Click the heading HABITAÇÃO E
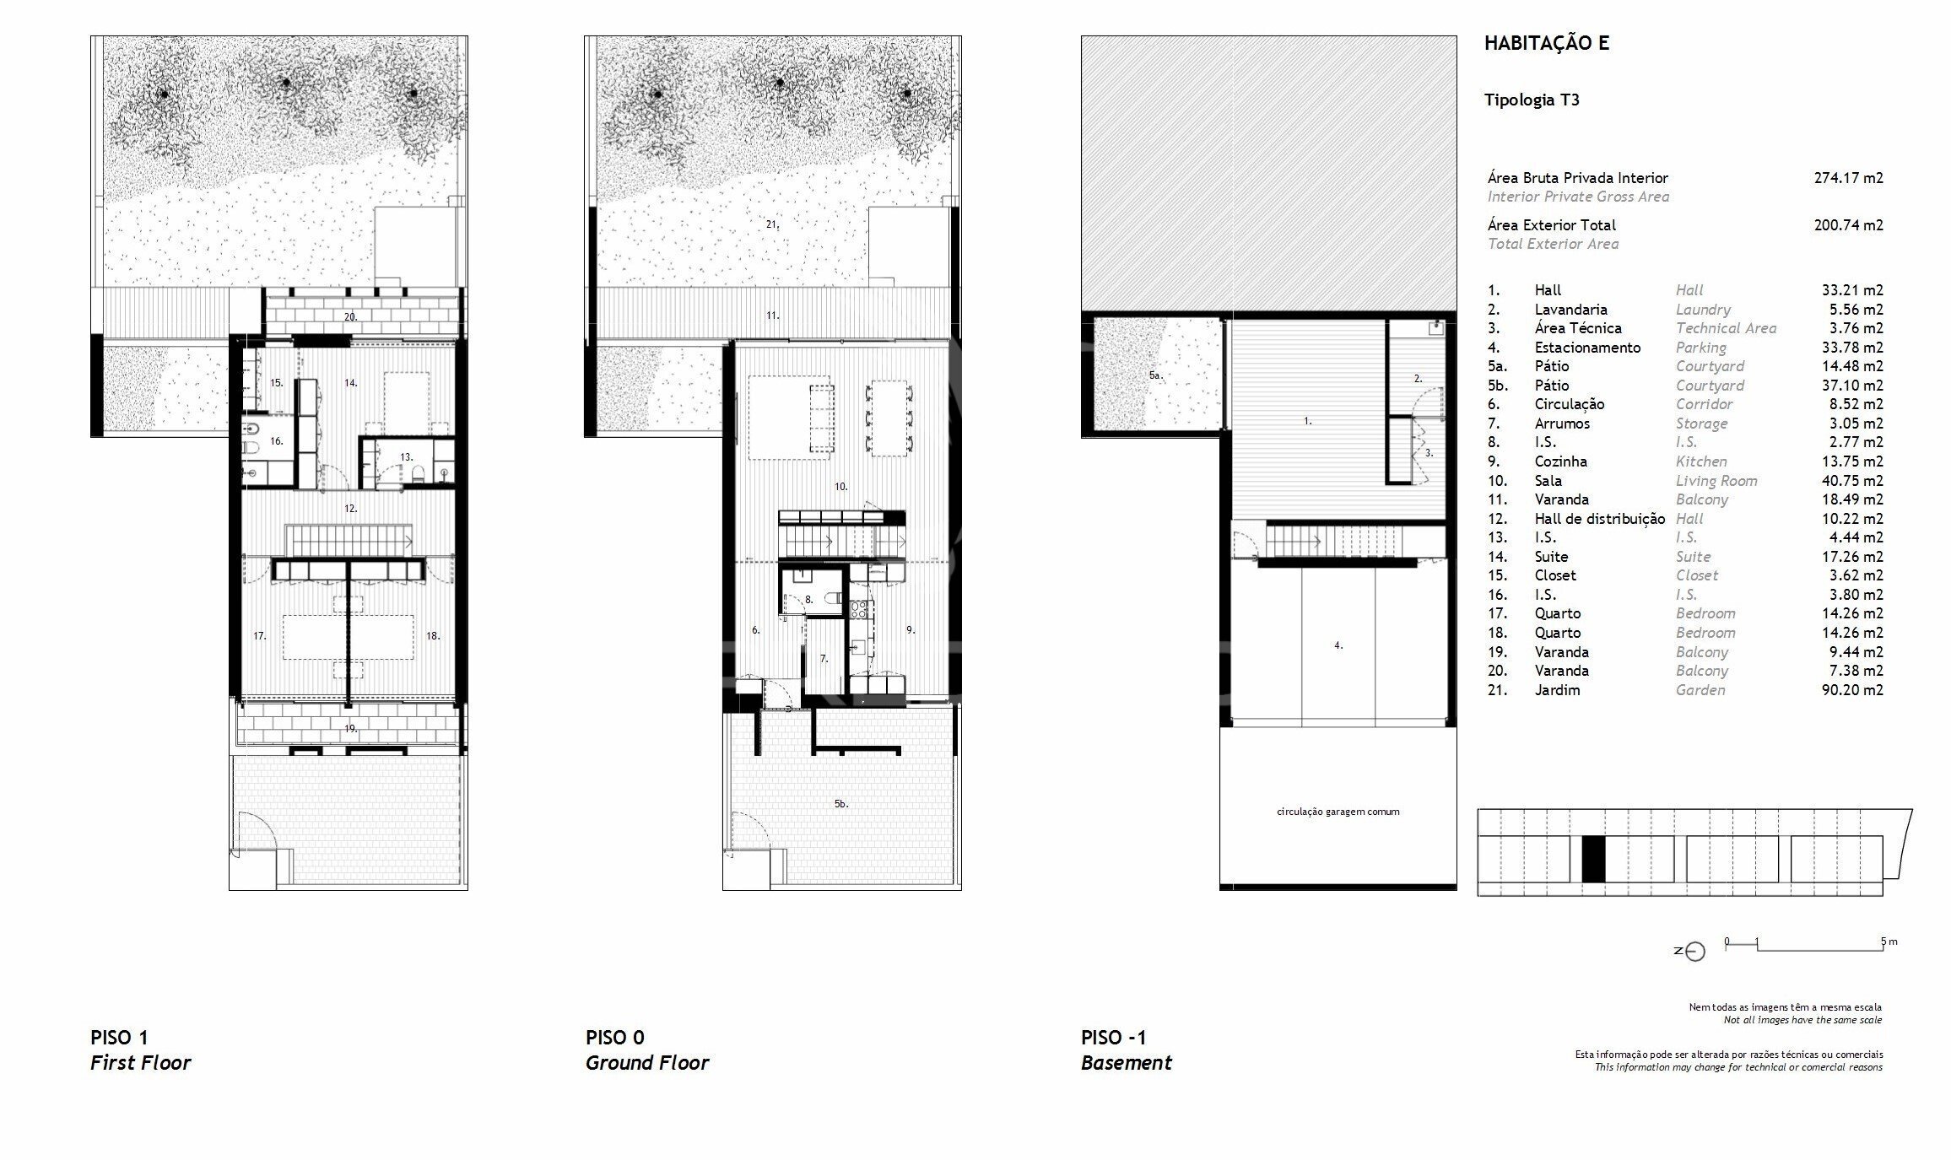pos(1546,43)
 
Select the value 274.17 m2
pos(1848,178)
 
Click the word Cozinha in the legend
pos(1560,461)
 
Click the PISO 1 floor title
pos(119,1038)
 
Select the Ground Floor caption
pos(647,1063)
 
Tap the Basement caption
pos(1126,1063)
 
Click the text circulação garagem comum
pos(1338,812)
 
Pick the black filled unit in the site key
pos(1593,859)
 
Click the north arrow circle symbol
pos(1695,952)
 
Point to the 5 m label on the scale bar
pos(1889,941)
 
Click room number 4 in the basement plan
pos(1338,645)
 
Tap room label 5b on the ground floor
pos(840,804)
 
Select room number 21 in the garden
pos(772,225)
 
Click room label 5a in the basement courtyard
pos(1155,375)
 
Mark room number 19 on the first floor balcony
pos(350,728)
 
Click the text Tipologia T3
pos(1532,100)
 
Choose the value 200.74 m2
pos(1848,225)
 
